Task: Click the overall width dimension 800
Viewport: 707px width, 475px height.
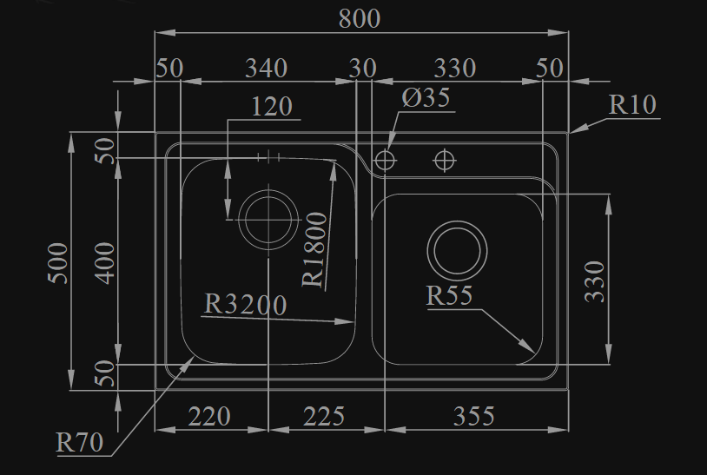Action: pyautogui.click(x=359, y=18)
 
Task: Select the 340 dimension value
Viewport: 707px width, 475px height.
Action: pyautogui.click(x=266, y=68)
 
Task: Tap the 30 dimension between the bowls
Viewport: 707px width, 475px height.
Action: pyautogui.click(x=363, y=68)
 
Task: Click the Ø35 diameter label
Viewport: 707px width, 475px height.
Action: pyautogui.click(x=426, y=97)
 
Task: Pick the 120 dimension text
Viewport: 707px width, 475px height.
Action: pyautogui.click(x=272, y=107)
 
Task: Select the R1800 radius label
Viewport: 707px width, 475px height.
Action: pyautogui.click(x=315, y=250)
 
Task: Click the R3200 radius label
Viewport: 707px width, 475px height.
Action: pyautogui.click(x=246, y=305)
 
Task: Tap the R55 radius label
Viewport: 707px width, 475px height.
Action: pyautogui.click(x=449, y=296)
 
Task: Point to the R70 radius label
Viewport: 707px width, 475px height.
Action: pyautogui.click(x=80, y=443)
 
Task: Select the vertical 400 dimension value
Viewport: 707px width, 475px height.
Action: pyautogui.click(x=105, y=261)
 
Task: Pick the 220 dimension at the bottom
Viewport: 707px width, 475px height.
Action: pyautogui.click(x=209, y=417)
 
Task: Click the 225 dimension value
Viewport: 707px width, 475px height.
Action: pyautogui.click(x=324, y=417)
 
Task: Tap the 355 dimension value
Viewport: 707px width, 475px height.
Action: pyautogui.click(x=473, y=417)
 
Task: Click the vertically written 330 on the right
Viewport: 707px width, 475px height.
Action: pyautogui.click(x=595, y=280)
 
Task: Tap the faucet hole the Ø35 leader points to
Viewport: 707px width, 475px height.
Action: pyautogui.click(x=384, y=160)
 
